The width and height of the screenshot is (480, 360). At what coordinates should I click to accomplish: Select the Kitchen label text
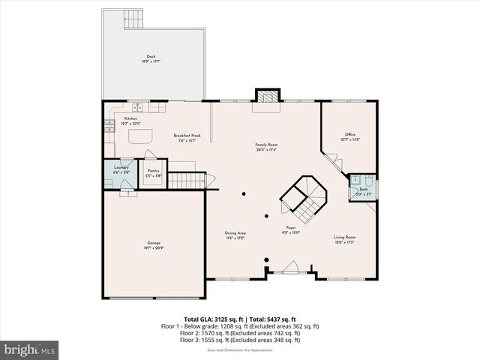click(x=130, y=118)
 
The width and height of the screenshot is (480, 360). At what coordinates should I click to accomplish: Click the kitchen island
click(x=139, y=137)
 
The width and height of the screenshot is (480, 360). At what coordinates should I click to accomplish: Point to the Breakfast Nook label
click(x=184, y=136)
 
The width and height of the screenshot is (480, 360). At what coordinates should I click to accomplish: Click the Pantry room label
click(x=154, y=170)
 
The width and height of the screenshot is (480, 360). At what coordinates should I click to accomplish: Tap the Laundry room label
click(x=121, y=167)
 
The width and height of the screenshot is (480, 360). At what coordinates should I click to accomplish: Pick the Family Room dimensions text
click(x=266, y=149)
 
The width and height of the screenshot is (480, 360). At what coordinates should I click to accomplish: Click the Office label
click(x=350, y=136)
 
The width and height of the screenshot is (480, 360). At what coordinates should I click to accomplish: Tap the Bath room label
click(x=363, y=189)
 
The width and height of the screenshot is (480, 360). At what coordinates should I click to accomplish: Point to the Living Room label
click(x=345, y=238)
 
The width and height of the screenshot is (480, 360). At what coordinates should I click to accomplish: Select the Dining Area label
click(x=235, y=233)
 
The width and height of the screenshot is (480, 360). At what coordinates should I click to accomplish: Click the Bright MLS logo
click(x=30, y=349)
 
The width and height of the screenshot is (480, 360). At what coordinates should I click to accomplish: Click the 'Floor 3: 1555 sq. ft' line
click(x=240, y=340)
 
